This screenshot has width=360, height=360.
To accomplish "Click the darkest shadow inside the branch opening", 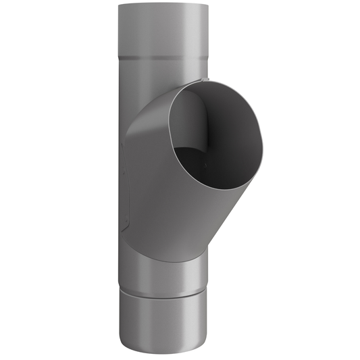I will pos(223,145).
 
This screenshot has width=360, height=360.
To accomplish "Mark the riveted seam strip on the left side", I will pos(124,176).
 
